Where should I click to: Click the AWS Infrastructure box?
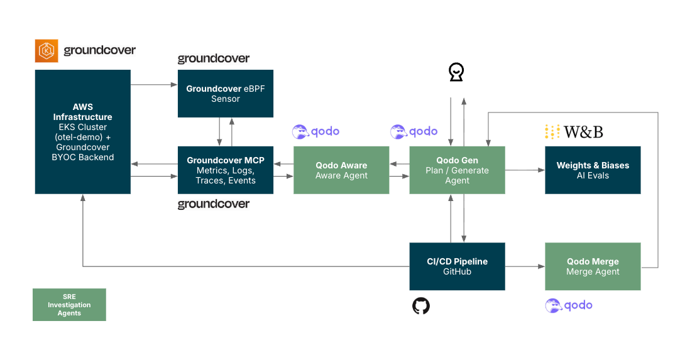(82, 131)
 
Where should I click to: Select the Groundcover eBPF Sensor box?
(226, 93)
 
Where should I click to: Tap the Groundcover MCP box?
(226, 170)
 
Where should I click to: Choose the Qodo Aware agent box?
(341, 170)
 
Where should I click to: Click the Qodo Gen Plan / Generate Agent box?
(457, 170)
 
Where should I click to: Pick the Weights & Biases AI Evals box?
(593, 170)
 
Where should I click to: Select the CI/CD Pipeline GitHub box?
(457, 266)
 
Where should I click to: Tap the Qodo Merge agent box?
(593, 266)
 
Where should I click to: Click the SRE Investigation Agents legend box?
(69, 305)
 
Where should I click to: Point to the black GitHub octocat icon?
(421, 306)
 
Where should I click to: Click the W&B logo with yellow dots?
(574, 132)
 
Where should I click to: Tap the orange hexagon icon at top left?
(47, 51)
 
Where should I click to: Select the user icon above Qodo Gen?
(456, 73)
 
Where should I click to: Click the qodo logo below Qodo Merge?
(569, 305)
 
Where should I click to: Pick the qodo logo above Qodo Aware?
(316, 131)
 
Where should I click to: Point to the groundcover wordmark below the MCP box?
(214, 204)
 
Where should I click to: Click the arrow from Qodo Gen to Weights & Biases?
(525, 170)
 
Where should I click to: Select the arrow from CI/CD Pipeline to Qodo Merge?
(525, 266)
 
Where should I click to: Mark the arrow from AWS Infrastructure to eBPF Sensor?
(154, 84)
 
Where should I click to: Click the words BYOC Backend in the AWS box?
(82, 157)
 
